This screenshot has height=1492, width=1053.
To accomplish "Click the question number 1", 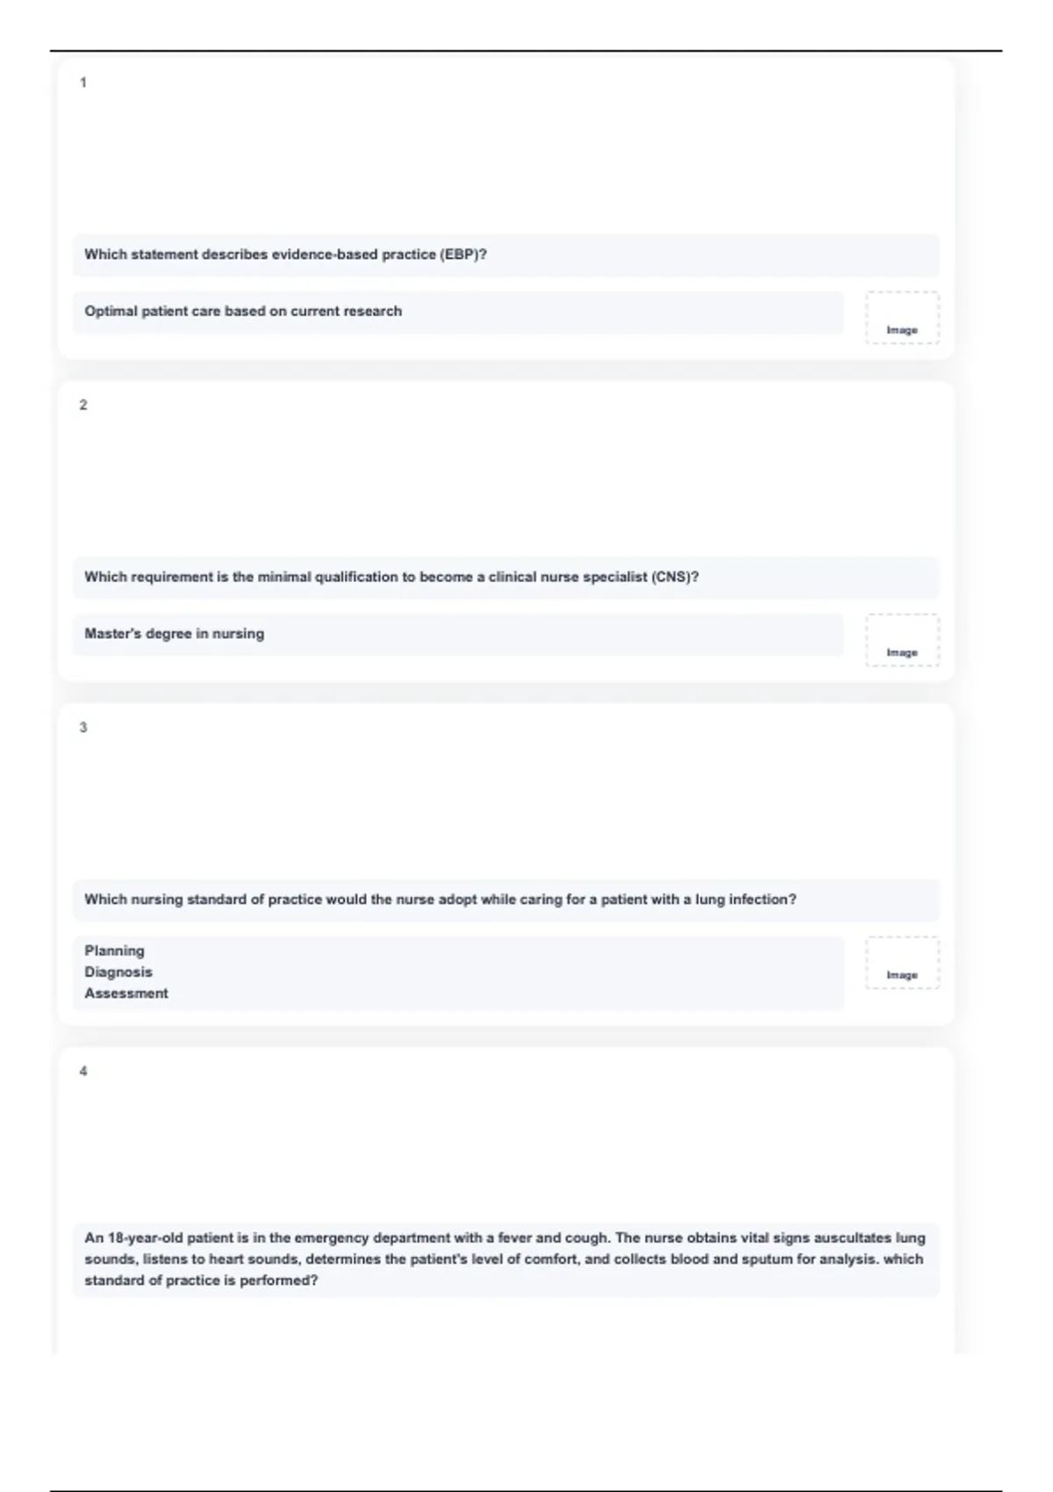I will pos(83,82).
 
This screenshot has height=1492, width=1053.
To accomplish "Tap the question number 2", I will pos(83,405).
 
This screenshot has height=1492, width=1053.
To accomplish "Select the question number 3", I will pos(83,727).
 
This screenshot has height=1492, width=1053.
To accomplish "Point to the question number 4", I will pos(83,1071).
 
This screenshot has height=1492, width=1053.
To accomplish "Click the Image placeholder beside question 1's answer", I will pos(902,318).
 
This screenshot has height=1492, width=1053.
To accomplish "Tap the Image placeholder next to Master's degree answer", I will pos(902,640).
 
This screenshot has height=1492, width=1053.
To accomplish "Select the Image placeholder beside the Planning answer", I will pos(902,963).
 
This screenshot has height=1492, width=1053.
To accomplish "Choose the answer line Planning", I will pos(114,950).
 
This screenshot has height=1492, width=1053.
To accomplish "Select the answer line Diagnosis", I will pos(118,972).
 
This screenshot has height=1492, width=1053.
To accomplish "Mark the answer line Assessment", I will pos(126,993).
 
